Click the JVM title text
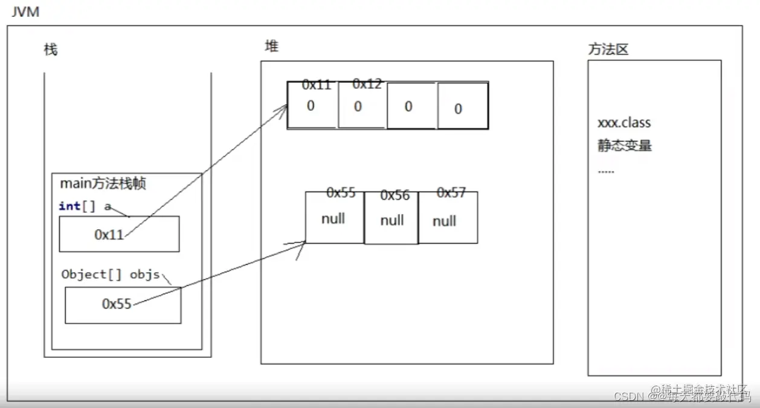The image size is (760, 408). (x=25, y=11)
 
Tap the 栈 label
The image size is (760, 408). (x=51, y=50)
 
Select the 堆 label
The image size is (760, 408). (x=271, y=46)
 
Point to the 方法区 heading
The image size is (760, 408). (x=608, y=50)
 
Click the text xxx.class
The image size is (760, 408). (x=624, y=123)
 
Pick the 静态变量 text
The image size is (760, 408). (x=625, y=146)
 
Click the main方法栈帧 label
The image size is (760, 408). (x=103, y=183)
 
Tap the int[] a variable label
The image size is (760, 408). (x=85, y=206)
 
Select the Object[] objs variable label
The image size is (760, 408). (x=111, y=274)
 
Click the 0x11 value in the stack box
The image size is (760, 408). (x=109, y=235)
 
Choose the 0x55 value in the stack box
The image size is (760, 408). (x=117, y=304)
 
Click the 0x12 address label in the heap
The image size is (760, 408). (x=367, y=84)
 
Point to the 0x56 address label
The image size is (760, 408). (x=394, y=195)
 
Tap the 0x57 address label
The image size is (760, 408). (x=451, y=193)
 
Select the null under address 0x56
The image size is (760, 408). (x=392, y=221)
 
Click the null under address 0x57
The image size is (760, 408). (x=444, y=221)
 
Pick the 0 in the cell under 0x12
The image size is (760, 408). (x=358, y=107)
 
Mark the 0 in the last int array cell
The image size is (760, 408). (x=458, y=109)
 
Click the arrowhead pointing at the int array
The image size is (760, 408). (x=285, y=108)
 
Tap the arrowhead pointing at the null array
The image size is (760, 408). (x=303, y=243)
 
